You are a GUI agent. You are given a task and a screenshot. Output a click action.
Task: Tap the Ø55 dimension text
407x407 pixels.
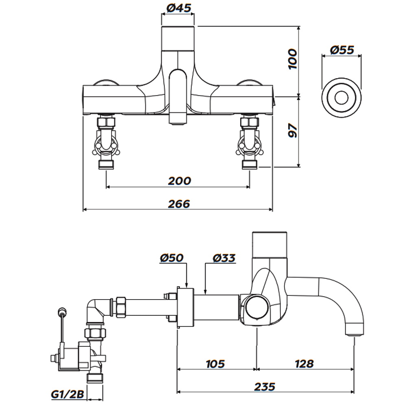342,50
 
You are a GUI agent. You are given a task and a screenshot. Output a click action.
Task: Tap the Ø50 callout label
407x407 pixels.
172,258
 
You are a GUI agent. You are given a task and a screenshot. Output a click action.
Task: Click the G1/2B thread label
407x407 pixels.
68,394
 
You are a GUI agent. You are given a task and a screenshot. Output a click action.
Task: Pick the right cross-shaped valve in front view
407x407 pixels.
249,144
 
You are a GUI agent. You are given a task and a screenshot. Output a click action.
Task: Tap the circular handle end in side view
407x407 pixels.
256,307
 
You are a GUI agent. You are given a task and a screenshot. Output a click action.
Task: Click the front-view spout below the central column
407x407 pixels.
178,98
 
